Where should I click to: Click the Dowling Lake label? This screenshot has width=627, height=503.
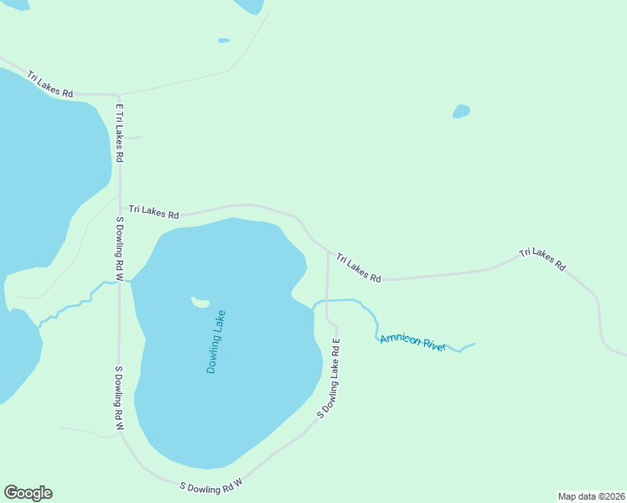click(x=216, y=342)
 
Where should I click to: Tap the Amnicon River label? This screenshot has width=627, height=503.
click(x=413, y=342)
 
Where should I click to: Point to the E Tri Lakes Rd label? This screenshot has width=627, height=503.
click(x=120, y=133)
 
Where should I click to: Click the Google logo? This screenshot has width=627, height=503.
click(x=28, y=493)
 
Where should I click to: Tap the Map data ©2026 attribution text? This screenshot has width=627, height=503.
click(x=590, y=495)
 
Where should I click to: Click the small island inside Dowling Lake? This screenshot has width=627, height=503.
click(x=199, y=302)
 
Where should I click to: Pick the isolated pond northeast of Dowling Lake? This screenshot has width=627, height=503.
click(x=461, y=111)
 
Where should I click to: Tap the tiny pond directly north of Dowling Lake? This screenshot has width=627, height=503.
click(x=224, y=39)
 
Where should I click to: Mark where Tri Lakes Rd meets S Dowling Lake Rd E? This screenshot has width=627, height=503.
click(x=327, y=249)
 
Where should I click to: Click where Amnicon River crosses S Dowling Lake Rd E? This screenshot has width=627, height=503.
click(x=326, y=301)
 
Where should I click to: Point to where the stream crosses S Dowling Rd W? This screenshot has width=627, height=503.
click(x=120, y=283)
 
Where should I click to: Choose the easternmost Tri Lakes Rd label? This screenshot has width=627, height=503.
click(x=541, y=258)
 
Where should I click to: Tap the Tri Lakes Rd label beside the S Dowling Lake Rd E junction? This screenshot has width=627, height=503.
click(x=359, y=267)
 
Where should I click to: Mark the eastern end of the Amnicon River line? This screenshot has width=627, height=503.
click(x=475, y=344)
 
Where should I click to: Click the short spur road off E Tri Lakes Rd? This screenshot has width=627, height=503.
click(x=133, y=137)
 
